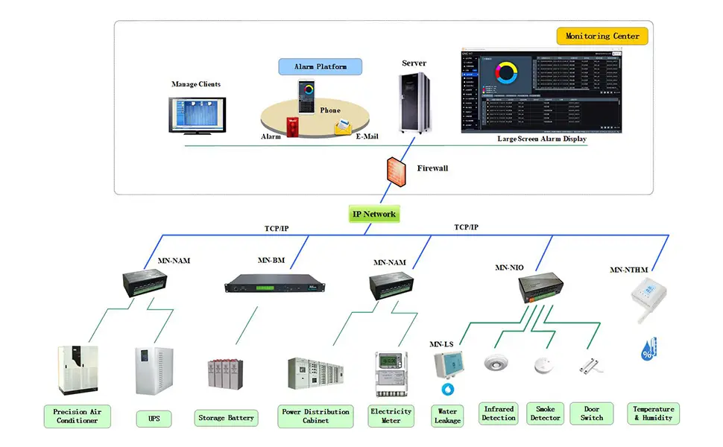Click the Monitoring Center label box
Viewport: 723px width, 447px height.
coord(602,36)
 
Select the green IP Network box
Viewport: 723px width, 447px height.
coord(374,215)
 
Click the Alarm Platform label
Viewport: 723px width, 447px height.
coord(321,66)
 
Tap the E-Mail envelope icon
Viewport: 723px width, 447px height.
coord(343,127)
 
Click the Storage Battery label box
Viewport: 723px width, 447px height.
coord(226,418)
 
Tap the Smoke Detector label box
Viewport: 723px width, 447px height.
coord(545,413)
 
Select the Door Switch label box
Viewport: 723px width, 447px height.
coord(592,413)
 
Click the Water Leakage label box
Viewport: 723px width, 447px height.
coord(447,416)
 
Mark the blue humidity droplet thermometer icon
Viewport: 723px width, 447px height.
coord(649,349)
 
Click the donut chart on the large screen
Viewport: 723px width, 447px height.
coord(508,73)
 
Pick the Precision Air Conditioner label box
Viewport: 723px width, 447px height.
coord(77,416)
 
